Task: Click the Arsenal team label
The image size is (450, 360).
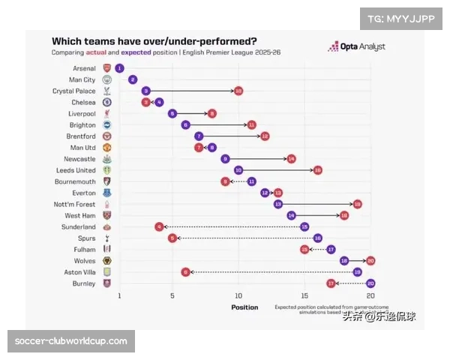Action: [85, 67]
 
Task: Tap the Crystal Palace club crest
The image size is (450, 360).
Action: [106, 91]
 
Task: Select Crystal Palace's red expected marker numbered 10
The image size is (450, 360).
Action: [238, 91]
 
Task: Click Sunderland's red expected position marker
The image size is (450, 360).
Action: [159, 226]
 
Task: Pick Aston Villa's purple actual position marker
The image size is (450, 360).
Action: [357, 272]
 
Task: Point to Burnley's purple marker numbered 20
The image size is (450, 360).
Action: [370, 283]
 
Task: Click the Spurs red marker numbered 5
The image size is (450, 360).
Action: [172, 238]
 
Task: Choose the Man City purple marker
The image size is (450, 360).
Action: [133, 79]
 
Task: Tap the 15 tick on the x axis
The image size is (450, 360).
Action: [304, 296]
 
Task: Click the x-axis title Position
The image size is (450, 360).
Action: [244, 307]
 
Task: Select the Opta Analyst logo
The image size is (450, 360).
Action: [357, 46]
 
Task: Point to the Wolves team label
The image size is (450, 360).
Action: [85, 261]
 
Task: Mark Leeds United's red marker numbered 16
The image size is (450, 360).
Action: [317, 170]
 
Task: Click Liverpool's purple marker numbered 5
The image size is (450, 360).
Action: [172, 113]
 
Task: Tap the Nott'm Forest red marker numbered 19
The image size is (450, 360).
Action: [357, 204]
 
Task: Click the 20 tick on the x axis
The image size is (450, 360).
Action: [370, 296]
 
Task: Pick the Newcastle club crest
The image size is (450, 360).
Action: [106, 159]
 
